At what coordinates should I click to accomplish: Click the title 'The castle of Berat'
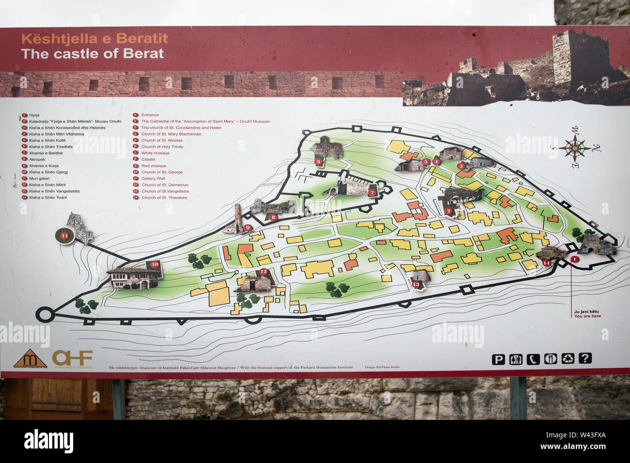point(93,54)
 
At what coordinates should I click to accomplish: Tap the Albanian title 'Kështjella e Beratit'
point(94,39)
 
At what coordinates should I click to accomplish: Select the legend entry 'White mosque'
point(155,153)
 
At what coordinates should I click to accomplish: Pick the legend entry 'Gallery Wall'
point(153,178)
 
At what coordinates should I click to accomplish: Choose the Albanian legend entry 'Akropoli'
point(37,159)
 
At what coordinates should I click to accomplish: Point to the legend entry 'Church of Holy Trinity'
point(162,147)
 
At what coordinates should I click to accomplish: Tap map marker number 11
point(64,236)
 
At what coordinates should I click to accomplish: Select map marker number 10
point(155,264)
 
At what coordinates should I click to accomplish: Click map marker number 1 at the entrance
point(575,259)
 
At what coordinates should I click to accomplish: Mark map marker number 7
point(372,192)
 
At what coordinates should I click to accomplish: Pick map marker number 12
point(264,272)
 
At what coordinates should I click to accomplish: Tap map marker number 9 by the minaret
point(247,228)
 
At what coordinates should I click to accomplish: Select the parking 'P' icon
point(498,359)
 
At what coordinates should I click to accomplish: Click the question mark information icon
point(585,358)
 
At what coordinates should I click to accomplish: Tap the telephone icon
point(533,359)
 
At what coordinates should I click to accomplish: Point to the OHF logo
point(72,358)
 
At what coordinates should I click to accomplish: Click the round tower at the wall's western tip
point(45,314)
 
